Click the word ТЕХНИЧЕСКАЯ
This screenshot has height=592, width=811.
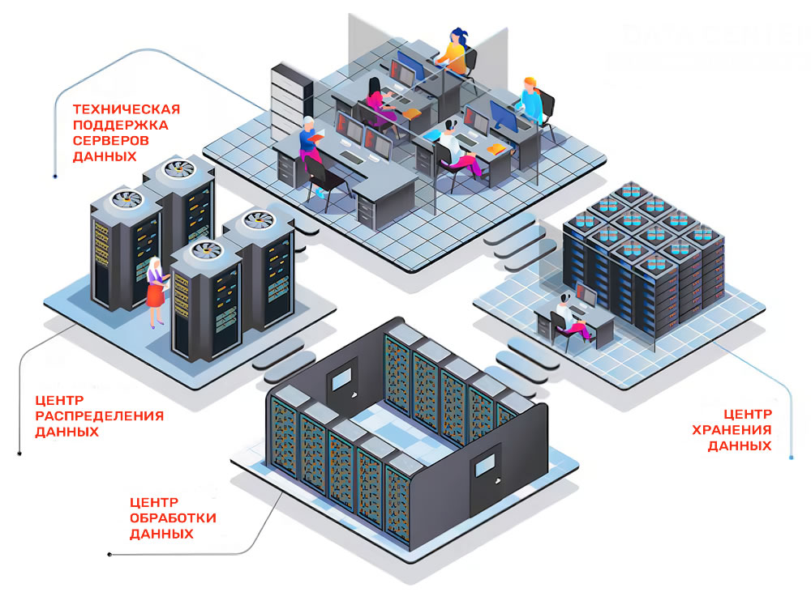tap(126, 109)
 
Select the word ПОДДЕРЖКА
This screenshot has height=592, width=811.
tap(120, 125)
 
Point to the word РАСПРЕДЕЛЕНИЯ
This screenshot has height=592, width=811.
tap(99, 416)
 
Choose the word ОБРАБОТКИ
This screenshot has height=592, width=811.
tap(173, 518)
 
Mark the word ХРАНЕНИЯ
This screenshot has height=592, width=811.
tap(732, 430)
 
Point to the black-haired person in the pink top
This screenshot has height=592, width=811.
tap(379, 102)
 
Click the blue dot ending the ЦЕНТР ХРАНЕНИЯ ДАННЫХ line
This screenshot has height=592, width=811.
tap(791, 458)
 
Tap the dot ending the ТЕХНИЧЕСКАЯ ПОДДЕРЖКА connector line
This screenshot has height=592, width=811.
tap(54, 175)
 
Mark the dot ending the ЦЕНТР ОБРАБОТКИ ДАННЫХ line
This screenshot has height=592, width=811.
tap(109, 555)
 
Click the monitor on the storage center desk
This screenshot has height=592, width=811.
tap(585, 296)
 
